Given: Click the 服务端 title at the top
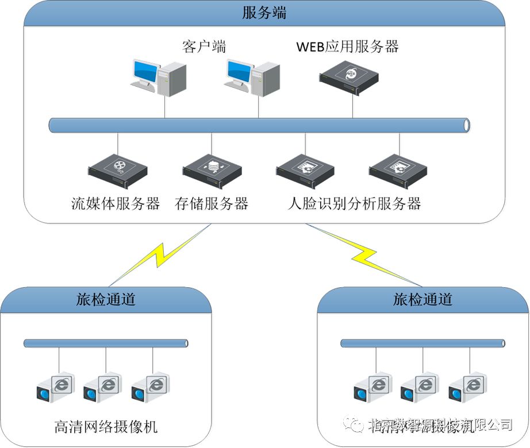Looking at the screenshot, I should tap(264, 13).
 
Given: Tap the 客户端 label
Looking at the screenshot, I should tap(203, 47).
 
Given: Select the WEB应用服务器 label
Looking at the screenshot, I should tap(347, 47).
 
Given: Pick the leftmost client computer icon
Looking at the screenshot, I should tap(158, 78).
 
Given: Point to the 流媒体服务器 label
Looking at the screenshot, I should tap(116, 203).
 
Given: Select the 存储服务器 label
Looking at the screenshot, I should tap(211, 203).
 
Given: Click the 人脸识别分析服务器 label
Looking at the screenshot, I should tap(354, 203).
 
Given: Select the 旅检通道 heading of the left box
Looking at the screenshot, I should tap(106, 299).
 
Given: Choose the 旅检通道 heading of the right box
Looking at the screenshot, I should tap(423, 299).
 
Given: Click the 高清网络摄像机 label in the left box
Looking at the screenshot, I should tap(106, 427).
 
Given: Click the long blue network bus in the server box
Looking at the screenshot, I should tap(259, 125).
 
